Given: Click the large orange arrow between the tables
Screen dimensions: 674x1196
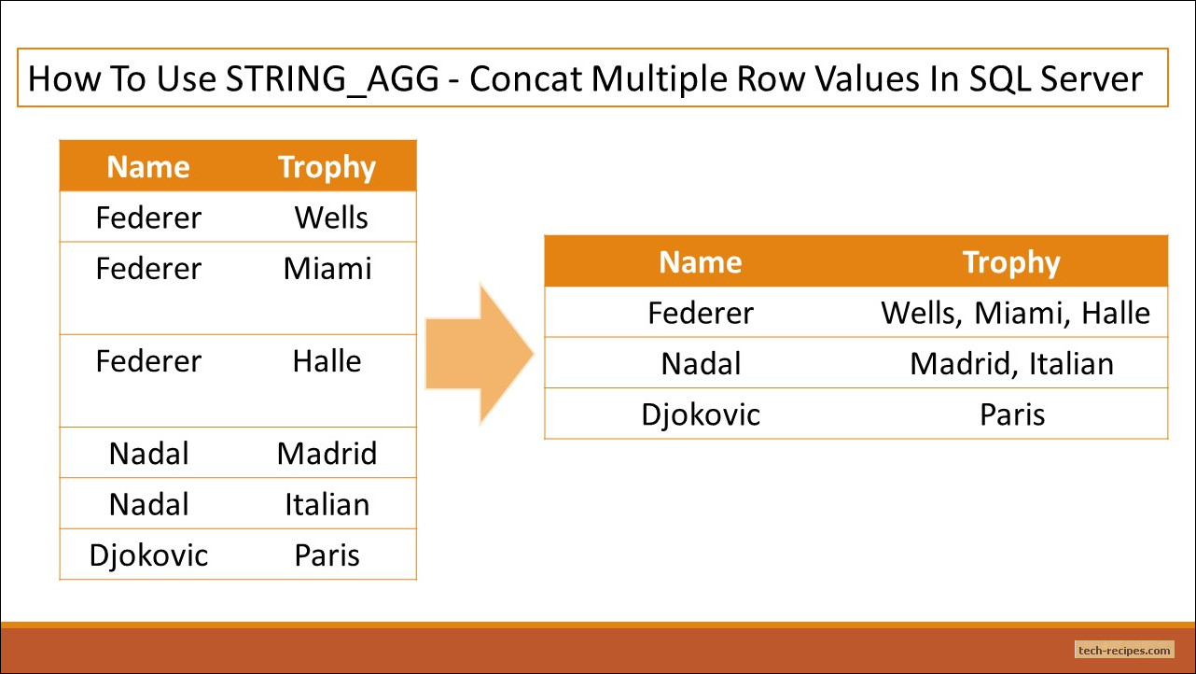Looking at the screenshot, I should (x=480, y=354).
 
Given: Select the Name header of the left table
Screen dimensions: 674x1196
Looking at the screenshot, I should (x=148, y=167).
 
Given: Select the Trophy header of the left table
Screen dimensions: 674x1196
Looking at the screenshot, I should (x=327, y=167).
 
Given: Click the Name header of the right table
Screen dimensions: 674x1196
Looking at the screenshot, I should (x=700, y=262).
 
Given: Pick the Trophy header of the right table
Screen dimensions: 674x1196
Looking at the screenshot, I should (x=1011, y=262).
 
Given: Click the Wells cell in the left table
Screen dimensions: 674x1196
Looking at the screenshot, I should (x=331, y=218).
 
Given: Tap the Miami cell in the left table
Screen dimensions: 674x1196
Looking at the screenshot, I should (x=327, y=269).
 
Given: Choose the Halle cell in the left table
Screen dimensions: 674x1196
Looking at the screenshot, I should (x=327, y=361).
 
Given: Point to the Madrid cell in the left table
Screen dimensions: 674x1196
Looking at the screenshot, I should (x=327, y=454).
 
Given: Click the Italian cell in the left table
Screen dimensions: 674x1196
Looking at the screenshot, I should (x=327, y=504).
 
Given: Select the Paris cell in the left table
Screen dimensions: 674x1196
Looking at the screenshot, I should (x=327, y=555).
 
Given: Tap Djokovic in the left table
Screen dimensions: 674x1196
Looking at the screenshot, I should (x=148, y=555).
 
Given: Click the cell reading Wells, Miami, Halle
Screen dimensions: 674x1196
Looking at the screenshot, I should (x=1015, y=313).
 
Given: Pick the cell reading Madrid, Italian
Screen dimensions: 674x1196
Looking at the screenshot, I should (x=1011, y=363).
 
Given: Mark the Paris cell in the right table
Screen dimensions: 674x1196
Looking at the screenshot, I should (x=1011, y=414).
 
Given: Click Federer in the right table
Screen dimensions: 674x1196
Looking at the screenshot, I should (x=700, y=313).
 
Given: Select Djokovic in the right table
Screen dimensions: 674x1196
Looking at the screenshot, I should (x=700, y=414).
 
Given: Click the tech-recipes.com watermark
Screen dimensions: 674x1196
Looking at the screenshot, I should (x=1123, y=650).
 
